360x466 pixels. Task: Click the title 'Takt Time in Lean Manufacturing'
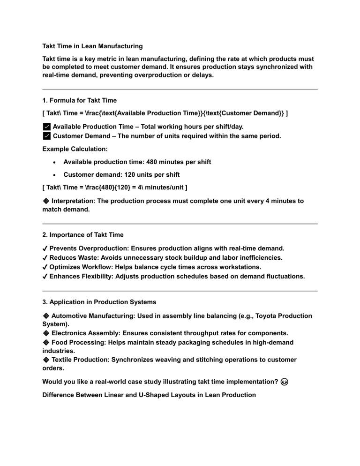pyautogui.click(x=92, y=46)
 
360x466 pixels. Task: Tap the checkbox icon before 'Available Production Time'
pyautogui.click(x=46, y=127)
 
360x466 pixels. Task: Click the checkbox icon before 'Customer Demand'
pyautogui.click(x=46, y=136)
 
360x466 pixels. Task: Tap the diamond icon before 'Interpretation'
pyautogui.click(x=45, y=201)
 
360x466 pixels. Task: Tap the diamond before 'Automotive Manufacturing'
pyautogui.click(x=45, y=316)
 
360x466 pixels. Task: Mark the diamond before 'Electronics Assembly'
pyautogui.click(x=45, y=333)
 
